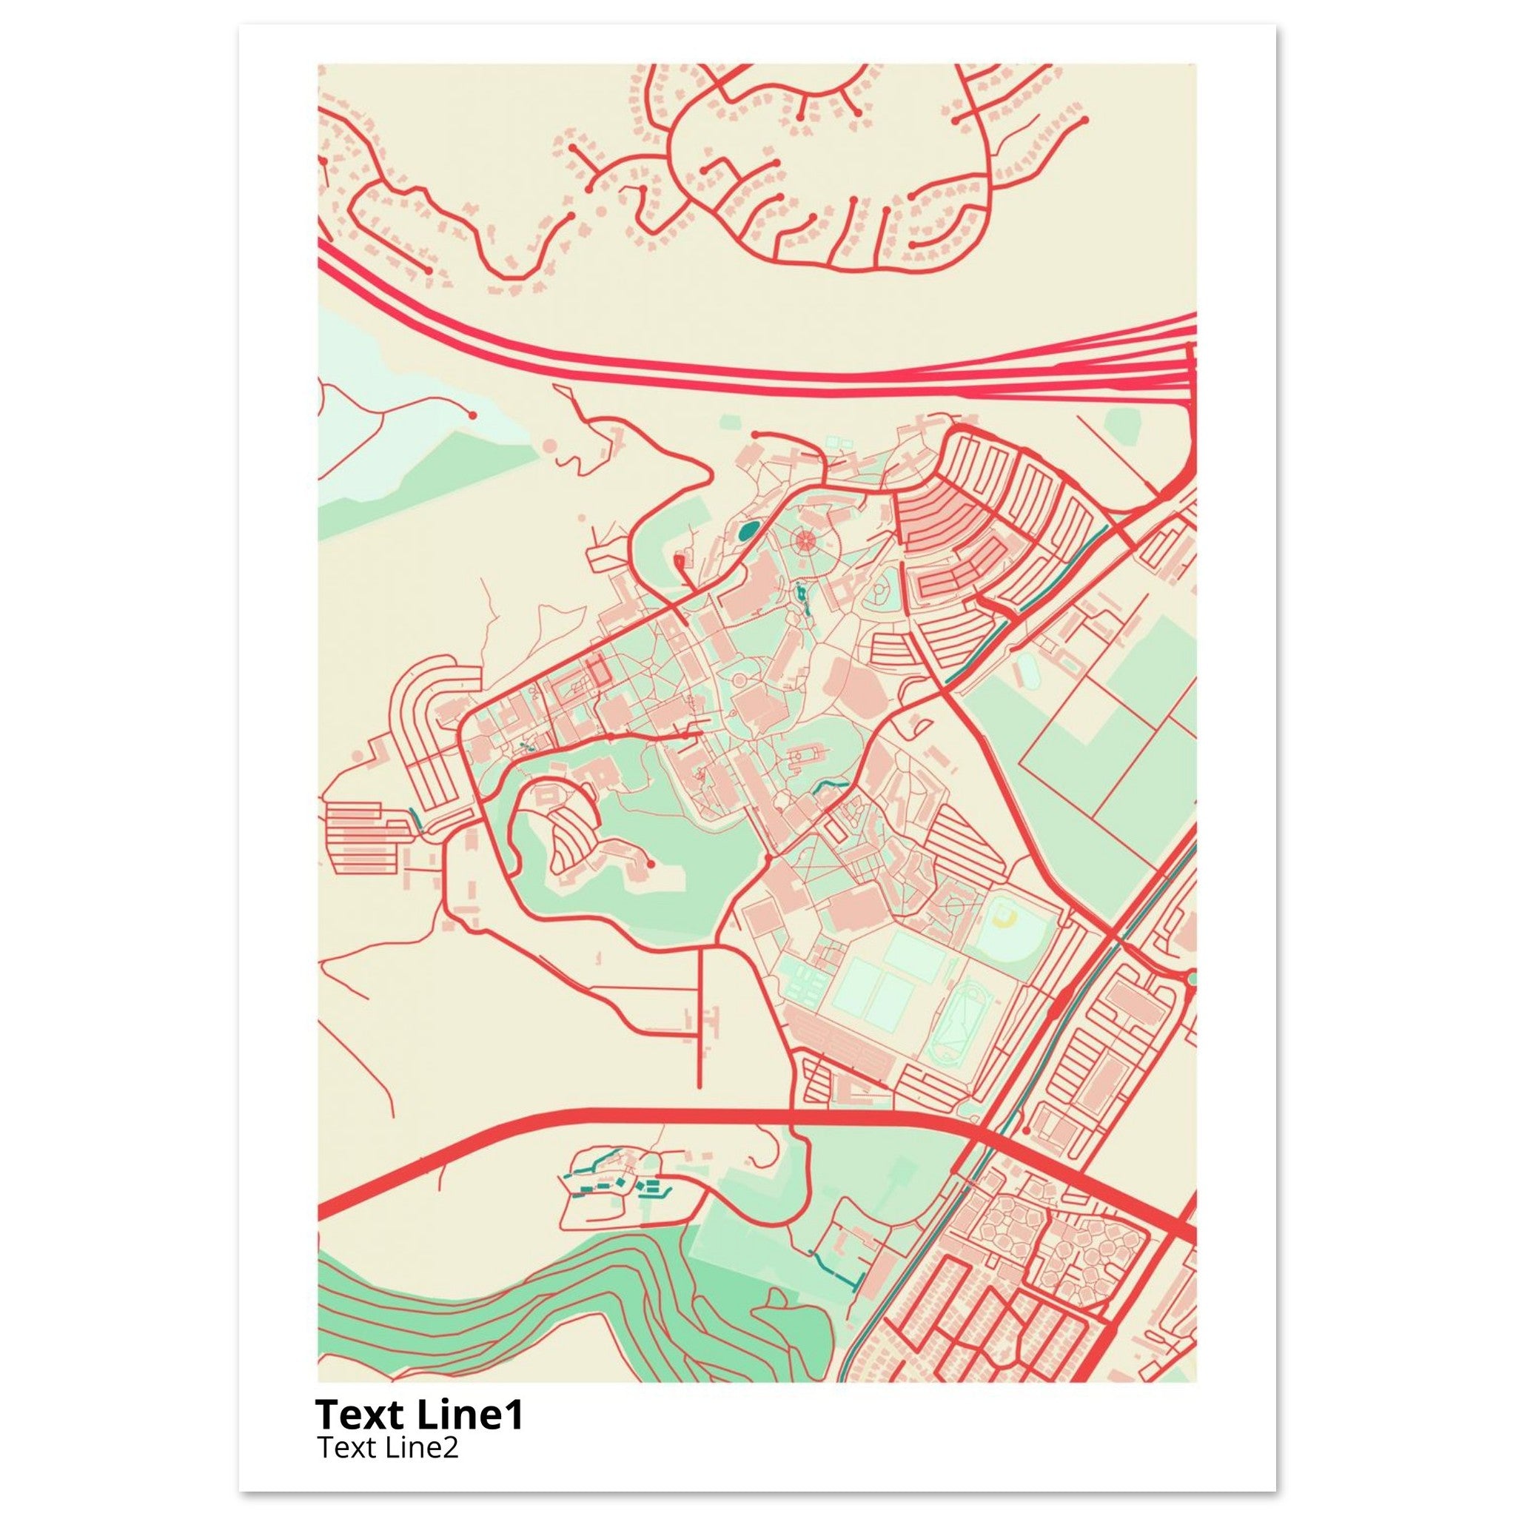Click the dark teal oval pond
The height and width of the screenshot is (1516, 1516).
click(746, 532)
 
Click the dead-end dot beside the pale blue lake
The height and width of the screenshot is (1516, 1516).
click(472, 415)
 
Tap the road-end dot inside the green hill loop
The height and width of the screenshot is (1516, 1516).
click(650, 864)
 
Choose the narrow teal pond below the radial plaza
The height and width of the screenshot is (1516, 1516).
click(801, 599)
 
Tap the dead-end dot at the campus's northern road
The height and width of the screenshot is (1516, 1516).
click(754, 434)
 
